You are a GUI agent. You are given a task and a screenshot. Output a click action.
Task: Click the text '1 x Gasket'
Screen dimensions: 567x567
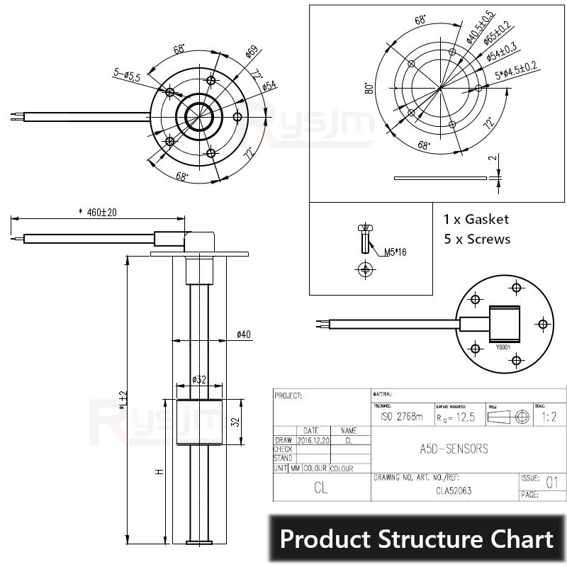(x=476, y=220)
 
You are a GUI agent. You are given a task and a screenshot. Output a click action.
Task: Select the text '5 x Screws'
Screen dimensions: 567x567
(x=476, y=240)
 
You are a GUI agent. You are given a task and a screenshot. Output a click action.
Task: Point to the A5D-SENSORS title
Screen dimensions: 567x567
(x=449, y=449)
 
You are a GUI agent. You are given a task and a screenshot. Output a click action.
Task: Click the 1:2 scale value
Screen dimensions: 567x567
(x=549, y=417)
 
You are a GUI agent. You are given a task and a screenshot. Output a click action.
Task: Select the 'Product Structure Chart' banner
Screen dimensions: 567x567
(x=417, y=539)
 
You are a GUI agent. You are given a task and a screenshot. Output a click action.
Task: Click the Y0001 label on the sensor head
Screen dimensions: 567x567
(x=503, y=347)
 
